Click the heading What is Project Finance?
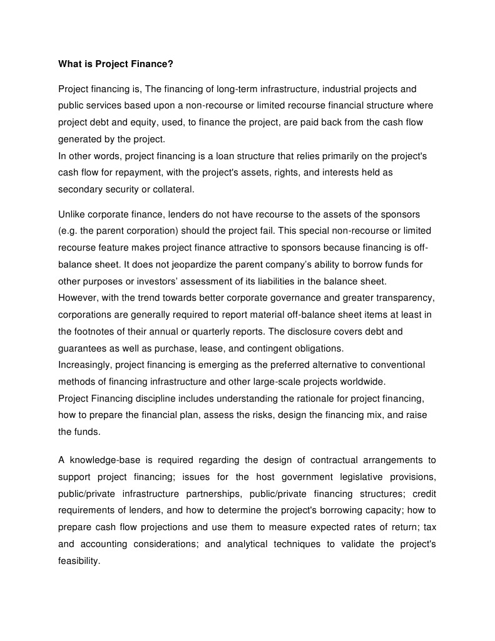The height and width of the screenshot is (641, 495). click(116, 63)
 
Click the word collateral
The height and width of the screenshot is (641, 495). click(176, 189)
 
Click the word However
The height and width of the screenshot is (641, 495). click(78, 297)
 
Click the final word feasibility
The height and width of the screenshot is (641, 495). click(78, 561)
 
